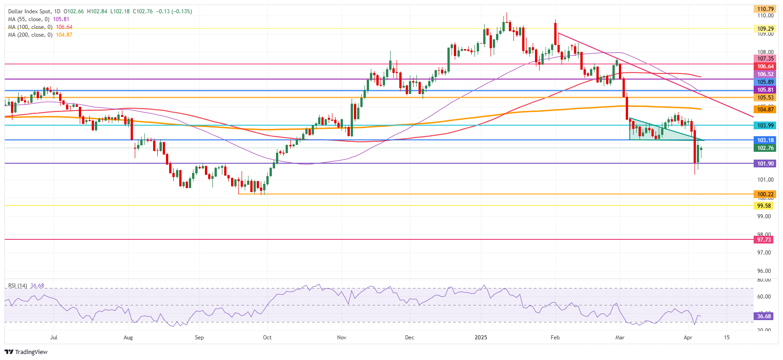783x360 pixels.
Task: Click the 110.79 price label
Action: click(x=765, y=9)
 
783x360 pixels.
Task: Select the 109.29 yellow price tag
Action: click(x=765, y=29)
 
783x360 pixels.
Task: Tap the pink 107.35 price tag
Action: click(x=765, y=59)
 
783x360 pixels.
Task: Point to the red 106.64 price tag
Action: click(x=765, y=66)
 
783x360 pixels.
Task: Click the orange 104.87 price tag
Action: click(x=765, y=110)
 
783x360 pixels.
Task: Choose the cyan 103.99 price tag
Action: click(x=765, y=126)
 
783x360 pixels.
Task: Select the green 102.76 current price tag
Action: click(x=765, y=148)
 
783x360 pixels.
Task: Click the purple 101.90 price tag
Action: click(x=765, y=164)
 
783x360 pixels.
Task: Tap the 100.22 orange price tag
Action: click(x=765, y=194)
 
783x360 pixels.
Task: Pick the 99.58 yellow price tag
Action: click(x=765, y=206)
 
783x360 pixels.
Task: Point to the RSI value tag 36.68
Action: click(x=764, y=316)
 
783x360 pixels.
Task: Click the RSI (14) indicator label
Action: click(x=17, y=286)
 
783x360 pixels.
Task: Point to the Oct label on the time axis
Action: click(x=267, y=338)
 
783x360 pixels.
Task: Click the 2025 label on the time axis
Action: click(x=481, y=338)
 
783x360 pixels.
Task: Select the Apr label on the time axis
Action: click(x=688, y=338)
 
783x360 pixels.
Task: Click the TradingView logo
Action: click(x=26, y=352)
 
